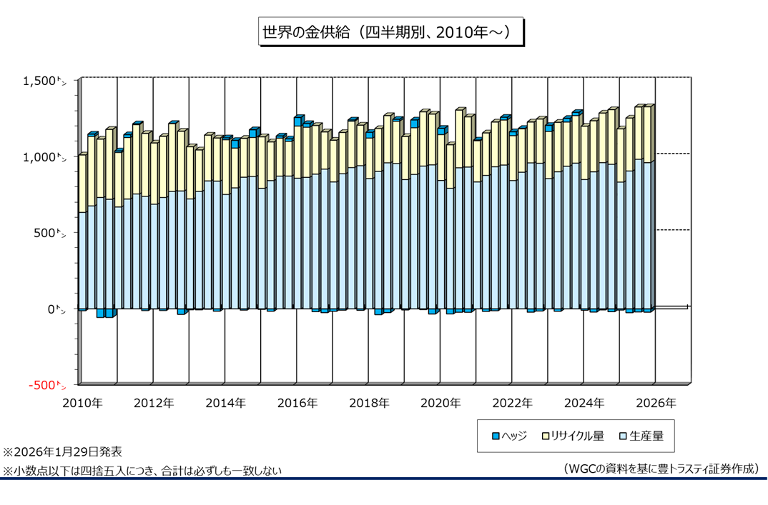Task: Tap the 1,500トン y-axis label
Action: (44, 81)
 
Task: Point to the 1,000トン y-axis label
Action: (44, 158)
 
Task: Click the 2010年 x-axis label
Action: (82, 403)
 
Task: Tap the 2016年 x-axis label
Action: (297, 403)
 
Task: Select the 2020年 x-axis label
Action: (440, 403)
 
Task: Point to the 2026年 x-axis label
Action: (656, 403)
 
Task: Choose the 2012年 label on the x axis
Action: (154, 403)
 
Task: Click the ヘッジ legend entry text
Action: (514, 436)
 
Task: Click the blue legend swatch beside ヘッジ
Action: (495, 436)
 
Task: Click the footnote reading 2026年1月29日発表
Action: (63, 452)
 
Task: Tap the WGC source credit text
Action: (660, 469)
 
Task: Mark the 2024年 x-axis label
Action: (584, 403)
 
